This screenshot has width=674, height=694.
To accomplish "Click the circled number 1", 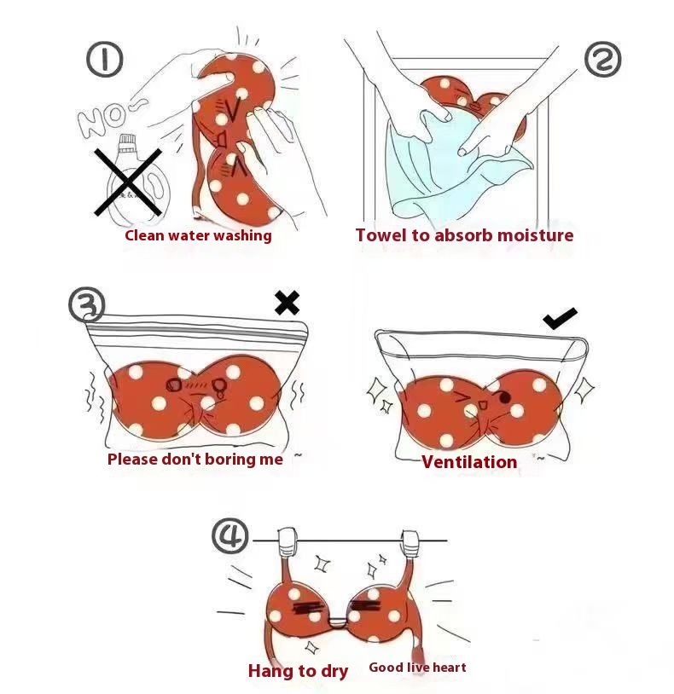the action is [104, 60].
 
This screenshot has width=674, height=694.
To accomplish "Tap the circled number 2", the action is [602, 60].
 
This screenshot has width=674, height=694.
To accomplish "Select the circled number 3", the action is [87, 304].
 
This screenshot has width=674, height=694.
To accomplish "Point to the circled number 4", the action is [230, 535].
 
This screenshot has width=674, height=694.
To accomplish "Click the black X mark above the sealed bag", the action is [287, 303].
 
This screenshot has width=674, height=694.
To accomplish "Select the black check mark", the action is [560, 318].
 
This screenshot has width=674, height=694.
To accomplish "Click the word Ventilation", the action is [469, 461].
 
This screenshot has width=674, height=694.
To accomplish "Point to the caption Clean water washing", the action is [198, 235].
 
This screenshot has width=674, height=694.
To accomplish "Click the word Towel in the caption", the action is [381, 234].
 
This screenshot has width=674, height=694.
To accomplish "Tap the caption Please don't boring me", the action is [195, 459].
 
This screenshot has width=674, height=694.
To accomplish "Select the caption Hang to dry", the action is [298, 670].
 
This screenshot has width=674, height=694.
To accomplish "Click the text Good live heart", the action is [417, 667].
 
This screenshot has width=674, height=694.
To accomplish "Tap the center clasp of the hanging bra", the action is [339, 622].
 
